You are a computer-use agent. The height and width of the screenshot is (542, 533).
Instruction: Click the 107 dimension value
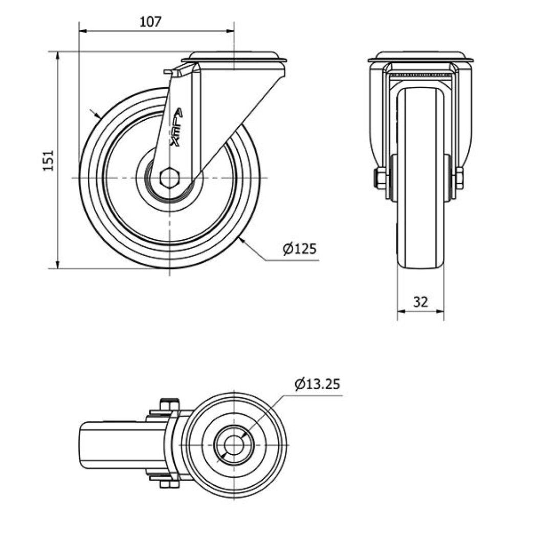click(x=150, y=21)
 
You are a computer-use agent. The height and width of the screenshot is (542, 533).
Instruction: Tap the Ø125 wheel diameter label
click(x=300, y=249)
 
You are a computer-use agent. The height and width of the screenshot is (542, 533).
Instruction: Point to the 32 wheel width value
click(x=420, y=302)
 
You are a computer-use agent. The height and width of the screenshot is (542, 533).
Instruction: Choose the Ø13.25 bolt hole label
click(x=317, y=384)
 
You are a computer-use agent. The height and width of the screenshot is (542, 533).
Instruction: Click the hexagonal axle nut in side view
click(x=168, y=178)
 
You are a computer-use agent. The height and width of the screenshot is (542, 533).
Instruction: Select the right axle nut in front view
click(x=459, y=178)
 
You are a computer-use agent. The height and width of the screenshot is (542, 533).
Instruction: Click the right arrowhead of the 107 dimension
click(x=231, y=31)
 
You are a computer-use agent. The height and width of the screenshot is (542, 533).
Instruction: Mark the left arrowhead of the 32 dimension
click(x=401, y=310)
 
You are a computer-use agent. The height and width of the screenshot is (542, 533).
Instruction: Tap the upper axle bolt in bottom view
click(x=168, y=406)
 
